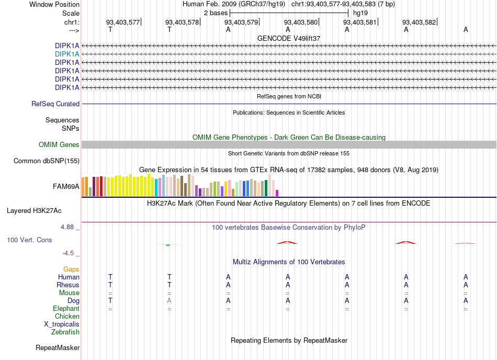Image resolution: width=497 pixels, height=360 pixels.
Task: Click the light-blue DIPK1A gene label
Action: pos(67,54)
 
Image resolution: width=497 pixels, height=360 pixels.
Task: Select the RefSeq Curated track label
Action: pos(55,104)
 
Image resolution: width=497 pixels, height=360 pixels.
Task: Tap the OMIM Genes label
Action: pos(59,145)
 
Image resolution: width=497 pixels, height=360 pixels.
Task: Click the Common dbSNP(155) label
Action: pos(47,161)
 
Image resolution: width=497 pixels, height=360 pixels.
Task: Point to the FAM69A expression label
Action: pos(66,187)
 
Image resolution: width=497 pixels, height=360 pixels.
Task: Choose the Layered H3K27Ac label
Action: pos(34,211)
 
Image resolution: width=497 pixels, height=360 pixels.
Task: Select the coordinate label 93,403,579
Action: pos(241,22)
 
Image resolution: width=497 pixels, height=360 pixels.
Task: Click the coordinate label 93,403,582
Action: pos(419,22)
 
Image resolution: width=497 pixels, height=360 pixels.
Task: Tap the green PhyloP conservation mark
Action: pos(168,245)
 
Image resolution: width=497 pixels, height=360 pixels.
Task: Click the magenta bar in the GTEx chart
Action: pos(277,193)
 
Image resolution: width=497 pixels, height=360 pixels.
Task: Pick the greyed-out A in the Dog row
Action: pos(170,300)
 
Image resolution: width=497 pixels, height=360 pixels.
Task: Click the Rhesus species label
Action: pos(68,285)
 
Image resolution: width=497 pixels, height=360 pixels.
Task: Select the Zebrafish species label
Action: pos(65,332)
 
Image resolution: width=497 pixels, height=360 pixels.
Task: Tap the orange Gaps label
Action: pos(71,269)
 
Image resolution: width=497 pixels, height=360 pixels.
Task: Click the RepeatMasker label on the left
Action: pos(58,348)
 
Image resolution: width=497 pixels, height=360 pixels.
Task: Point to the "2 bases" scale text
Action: pos(216,13)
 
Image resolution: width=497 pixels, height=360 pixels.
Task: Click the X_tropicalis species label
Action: pos(62,324)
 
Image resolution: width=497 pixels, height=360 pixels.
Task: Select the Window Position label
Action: pos(54,4)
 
